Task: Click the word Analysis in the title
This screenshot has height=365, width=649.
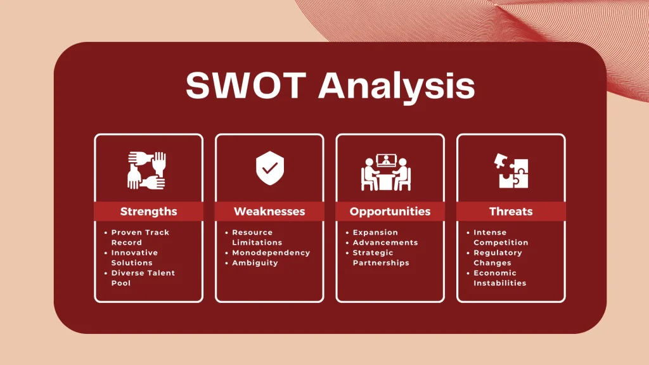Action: (397, 86)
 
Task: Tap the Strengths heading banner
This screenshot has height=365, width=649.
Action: (148, 212)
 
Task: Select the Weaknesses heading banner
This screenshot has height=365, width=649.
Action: (269, 212)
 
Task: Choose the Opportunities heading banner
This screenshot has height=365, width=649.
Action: (390, 212)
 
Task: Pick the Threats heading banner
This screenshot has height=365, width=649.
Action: (511, 212)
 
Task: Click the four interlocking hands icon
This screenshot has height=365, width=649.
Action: (146, 170)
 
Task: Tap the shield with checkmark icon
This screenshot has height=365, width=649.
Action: (269, 167)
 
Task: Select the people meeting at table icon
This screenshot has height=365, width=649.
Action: (387, 171)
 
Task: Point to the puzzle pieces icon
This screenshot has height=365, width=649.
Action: (512, 170)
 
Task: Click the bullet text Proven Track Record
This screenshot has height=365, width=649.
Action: (139, 238)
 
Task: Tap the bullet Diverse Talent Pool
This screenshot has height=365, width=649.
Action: (142, 278)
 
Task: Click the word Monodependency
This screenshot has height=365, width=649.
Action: (271, 253)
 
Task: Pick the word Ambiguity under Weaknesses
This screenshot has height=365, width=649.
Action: (255, 263)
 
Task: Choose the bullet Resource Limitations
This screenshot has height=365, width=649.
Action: (257, 238)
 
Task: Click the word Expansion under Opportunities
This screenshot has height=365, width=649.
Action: (375, 233)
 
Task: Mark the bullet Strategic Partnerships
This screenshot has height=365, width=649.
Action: (380, 258)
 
